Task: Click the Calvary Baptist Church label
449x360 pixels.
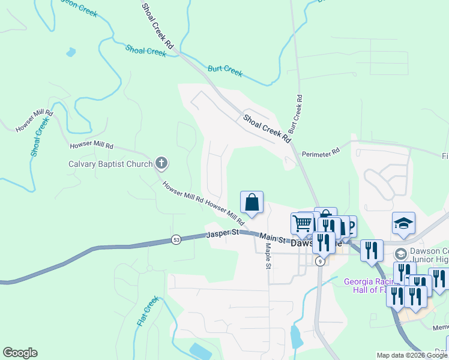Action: pyautogui.click(x=111, y=163)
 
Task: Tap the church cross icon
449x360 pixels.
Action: pyautogui.click(x=161, y=163)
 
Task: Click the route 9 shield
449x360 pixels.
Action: pyautogui.click(x=321, y=261)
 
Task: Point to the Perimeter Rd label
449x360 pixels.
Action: pyautogui.click(x=321, y=153)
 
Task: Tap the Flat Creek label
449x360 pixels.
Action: pyautogui.click(x=147, y=311)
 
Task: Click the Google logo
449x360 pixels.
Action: pyautogui.click(x=20, y=353)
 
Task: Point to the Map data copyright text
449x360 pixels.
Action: pyautogui.click(x=412, y=355)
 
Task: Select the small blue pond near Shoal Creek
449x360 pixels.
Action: pyautogui.click(x=71, y=52)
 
